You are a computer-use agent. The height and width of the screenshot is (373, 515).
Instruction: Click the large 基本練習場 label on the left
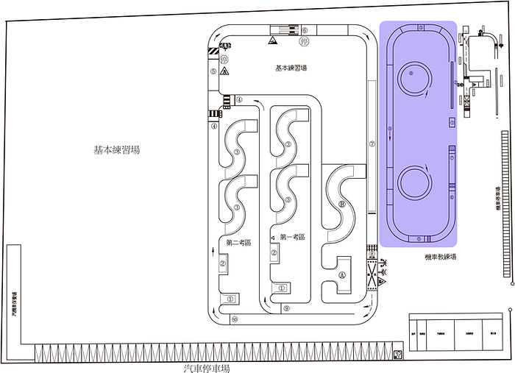click(116, 150)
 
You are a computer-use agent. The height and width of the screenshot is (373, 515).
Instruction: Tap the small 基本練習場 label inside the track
click(291, 68)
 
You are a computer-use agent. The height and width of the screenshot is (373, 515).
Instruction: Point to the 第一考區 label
click(292, 237)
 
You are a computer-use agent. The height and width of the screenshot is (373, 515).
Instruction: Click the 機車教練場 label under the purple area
click(441, 257)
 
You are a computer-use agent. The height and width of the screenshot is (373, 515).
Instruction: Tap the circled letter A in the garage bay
click(342, 273)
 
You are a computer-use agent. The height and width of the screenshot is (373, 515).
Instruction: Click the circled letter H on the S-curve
click(341, 205)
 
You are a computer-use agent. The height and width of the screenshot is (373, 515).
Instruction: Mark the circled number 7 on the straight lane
click(372, 144)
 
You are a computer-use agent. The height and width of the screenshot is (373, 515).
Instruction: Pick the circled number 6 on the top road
click(304, 32)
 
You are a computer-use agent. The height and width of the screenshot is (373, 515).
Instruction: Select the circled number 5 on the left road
click(213, 72)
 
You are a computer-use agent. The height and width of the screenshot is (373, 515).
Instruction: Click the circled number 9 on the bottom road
click(285, 308)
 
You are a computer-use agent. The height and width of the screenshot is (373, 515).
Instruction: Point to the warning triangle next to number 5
click(224, 71)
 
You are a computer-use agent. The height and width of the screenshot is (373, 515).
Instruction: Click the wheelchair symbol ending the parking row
click(398, 355)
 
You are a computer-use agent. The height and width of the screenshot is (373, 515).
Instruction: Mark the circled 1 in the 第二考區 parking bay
click(230, 299)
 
